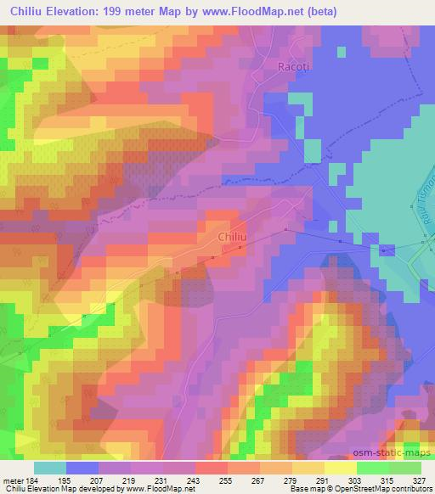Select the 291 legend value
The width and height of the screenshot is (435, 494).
[x=324, y=480]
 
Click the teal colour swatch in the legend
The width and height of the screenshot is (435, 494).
[x=50, y=468]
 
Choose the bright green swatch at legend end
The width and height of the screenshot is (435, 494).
[x=404, y=468]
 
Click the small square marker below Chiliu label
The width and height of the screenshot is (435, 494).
[x=240, y=248]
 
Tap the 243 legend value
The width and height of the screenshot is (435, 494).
[x=195, y=480]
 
